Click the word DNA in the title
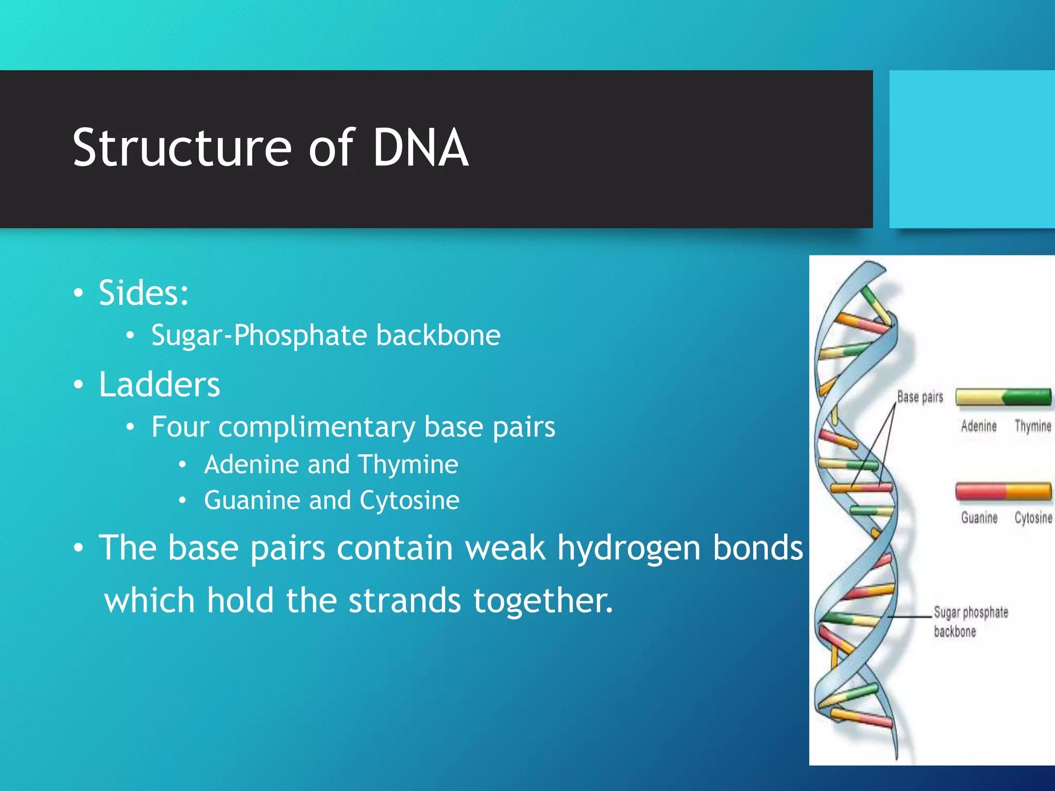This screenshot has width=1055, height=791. tap(420, 148)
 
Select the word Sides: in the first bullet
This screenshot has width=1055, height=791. tap(144, 293)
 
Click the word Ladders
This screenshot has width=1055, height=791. tap(159, 385)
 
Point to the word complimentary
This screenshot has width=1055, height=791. tap(316, 427)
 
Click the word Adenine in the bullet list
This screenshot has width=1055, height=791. tap(252, 465)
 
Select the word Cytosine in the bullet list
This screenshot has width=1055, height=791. tap(410, 501)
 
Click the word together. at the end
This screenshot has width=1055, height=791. tap(543, 601)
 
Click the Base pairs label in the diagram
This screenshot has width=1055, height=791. tap(920, 397)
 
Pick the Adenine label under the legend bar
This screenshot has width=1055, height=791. tap(979, 426)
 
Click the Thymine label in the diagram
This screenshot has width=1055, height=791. tap(1033, 426)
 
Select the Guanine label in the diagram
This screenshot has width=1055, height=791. tap(979, 518)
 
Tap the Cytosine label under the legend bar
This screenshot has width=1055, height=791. tap(1033, 518)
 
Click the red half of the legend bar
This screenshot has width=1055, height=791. tap(980, 491)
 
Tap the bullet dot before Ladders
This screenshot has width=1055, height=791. tap(78, 385)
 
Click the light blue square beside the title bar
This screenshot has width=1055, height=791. tap(972, 149)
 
